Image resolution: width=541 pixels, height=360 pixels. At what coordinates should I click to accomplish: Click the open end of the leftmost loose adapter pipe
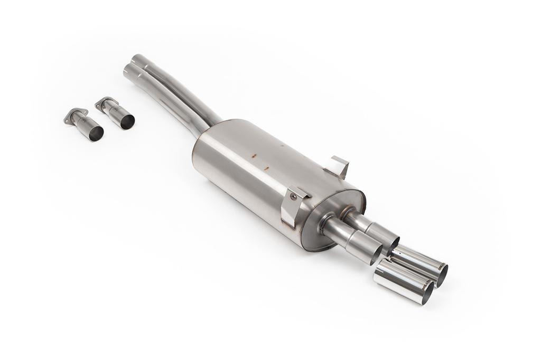tap(96, 134)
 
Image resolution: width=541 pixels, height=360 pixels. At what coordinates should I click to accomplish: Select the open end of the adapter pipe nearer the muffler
tap(127, 121)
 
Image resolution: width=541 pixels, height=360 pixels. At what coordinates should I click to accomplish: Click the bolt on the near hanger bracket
tap(293, 196)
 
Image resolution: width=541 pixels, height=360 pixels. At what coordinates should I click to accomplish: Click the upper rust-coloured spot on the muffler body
tap(254, 156)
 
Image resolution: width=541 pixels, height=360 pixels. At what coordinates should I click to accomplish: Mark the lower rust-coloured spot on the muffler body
tap(266, 169)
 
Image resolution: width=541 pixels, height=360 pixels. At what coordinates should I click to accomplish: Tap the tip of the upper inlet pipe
tap(136, 59)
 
